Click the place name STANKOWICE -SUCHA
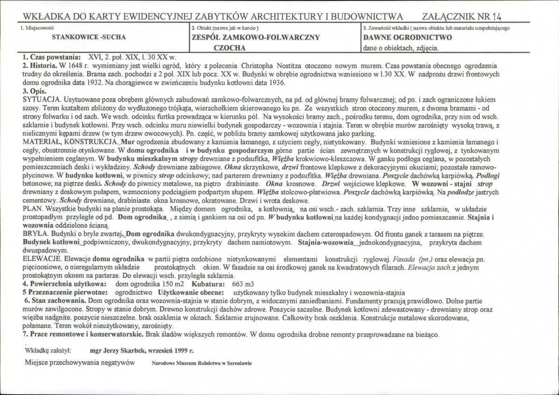[x=88, y=36]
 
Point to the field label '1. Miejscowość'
[x=37, y=28]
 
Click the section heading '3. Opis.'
[x=32, y=92]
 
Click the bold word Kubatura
[x=208, y=284]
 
